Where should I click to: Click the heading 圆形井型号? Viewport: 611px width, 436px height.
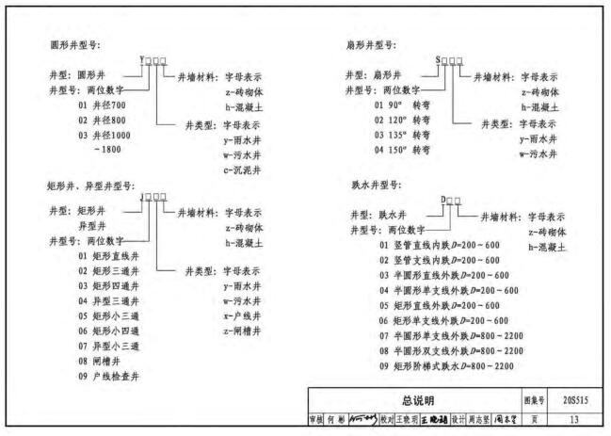click(x=75, y=45)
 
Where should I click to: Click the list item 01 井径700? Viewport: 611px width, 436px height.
click(x=102, y=105)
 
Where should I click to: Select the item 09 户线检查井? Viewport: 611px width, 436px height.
click(x=111, y=375)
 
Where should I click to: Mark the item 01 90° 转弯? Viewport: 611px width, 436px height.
click(x=400, y=105)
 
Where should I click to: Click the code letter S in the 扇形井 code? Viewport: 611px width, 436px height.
click(x=438, y=60)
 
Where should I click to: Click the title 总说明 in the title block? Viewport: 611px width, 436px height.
click(x=412, y=400)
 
